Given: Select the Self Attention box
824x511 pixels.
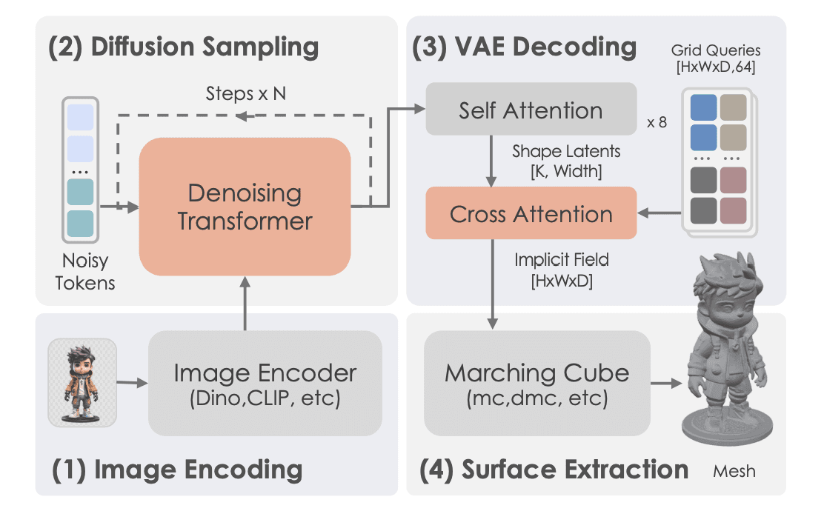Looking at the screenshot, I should tap(531, 110).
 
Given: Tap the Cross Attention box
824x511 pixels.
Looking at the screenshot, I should tap(531, 213).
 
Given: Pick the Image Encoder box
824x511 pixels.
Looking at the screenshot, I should tap(265, 383).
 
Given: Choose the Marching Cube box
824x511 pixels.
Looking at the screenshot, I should tap(536, 383).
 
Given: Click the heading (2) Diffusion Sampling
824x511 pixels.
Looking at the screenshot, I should tap(184, 47).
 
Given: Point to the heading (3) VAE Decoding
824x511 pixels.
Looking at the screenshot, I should tap(525, 47).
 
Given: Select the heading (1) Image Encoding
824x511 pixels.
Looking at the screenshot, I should tap(177, 470).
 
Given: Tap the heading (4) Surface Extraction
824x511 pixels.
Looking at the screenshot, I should tap(554, 470).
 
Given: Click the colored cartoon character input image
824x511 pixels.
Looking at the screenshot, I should tap(82, 382).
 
